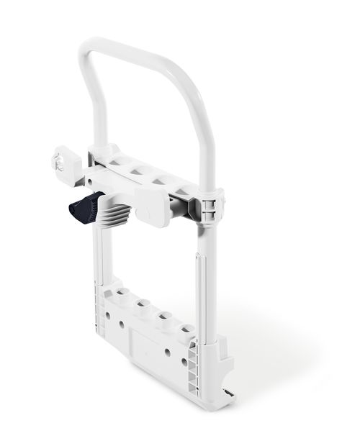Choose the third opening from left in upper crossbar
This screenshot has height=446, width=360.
(x=160, y=181)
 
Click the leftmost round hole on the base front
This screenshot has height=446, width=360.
(x=107, y=314)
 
